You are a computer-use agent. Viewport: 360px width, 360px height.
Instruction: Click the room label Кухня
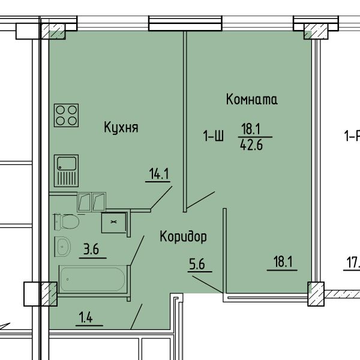[121, 127]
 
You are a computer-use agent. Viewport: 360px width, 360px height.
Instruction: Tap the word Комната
[251, 99]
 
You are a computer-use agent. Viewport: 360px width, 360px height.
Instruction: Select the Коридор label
[183, 237]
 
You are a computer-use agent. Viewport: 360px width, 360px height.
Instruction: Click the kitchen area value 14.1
[158, 173]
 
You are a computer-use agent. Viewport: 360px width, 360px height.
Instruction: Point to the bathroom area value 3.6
[91, 250]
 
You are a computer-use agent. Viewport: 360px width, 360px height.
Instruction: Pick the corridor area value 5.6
[197, 264]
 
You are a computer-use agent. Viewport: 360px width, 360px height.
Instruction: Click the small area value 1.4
[85, 318]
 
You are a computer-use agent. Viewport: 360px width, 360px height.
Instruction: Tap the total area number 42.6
[251, 145]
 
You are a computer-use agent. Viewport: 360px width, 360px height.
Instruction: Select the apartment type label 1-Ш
[213, 136]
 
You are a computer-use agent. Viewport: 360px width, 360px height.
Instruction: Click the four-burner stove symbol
[67, 115]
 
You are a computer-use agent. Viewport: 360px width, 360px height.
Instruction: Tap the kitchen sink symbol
[67, 171]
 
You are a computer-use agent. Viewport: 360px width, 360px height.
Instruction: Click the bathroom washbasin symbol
[62, 247]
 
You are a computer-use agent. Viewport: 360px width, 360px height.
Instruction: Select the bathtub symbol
[93, 279]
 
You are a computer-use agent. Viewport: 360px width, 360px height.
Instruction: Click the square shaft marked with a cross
[113, 223]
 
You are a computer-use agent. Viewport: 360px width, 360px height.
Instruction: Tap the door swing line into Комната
[200, 200]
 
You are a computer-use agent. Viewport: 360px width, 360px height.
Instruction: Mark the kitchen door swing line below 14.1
[161, 197]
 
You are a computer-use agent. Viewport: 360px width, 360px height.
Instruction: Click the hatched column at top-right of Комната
[316, 31]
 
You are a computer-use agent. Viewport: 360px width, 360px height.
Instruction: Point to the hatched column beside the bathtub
[49, 294]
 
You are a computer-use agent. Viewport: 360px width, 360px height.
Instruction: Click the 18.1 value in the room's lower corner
[283, 262]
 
